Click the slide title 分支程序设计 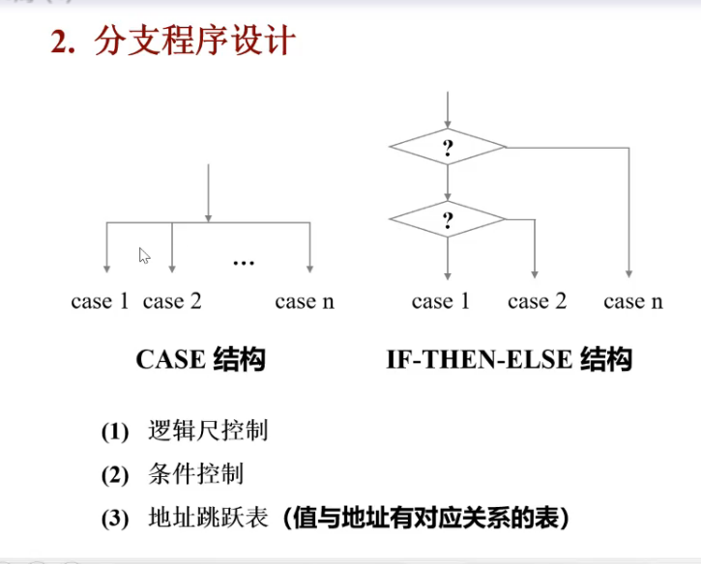(x=194, y=42)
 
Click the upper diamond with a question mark (x=448, y=148)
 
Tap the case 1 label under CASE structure (x=100, y=301)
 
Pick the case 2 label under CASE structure (x=172, y=301)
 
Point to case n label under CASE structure (x=305, y=301)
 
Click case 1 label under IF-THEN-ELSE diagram (x=440, y=301)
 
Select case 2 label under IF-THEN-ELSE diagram (x=537, y=301)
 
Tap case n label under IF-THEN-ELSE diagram (x=633, y=301)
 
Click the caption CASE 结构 (x=200, y=360)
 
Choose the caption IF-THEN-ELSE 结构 (x=509, y=360)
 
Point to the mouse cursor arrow (x=144, y=255)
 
